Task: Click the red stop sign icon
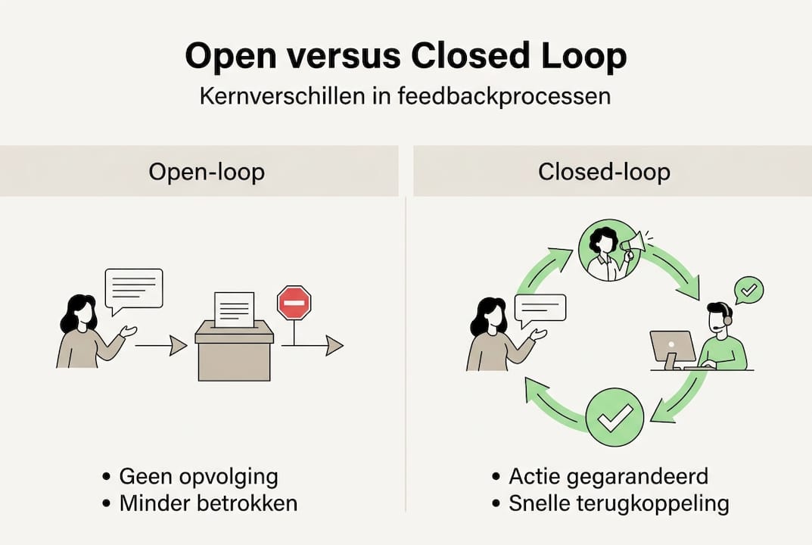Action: click(x=294, y=303)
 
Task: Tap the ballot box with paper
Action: click(x=234, y=348)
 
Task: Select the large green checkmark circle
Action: click(x=614, y=417)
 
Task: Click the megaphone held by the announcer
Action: click(x=632, y=243)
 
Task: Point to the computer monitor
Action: click(x=672, y=347)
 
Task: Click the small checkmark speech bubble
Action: click(x=749, y=290)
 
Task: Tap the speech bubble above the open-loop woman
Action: click(x=134, y=288)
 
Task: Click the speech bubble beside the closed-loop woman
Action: click(x=540, y=309)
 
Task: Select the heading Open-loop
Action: click(x=207, y=172)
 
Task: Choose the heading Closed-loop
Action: click(x=604, y=172)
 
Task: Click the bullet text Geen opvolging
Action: click(x=198, y=477)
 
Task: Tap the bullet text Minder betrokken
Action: click(x=208, y=503)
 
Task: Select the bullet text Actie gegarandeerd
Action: click(x=608, y=477)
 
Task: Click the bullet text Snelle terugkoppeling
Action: click(x=618, y=503)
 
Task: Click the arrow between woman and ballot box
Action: click(x=160, y=346)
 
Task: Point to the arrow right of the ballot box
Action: click(x=312, y=346)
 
